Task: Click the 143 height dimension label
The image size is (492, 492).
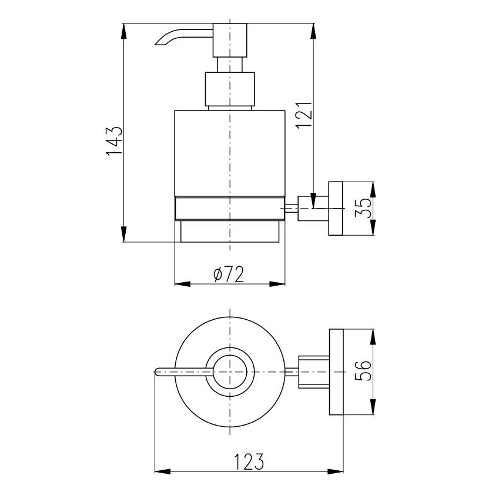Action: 113,142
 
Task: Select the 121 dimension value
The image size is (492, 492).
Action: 304,115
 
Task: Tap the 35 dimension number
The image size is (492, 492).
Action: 363,208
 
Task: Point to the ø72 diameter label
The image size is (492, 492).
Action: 229,275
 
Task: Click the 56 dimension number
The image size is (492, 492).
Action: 363,371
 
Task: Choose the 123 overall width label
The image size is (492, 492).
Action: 249,461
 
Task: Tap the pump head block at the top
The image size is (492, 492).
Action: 230,40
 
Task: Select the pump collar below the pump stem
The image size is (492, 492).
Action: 230,89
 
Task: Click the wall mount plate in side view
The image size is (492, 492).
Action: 336,208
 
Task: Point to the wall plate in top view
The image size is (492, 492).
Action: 336,372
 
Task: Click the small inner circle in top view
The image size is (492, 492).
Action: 230,372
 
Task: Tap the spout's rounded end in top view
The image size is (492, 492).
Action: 157,372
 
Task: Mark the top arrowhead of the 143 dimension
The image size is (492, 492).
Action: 124,31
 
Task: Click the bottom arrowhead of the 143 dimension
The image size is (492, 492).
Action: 124,234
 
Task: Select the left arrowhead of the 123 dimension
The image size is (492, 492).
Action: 163,471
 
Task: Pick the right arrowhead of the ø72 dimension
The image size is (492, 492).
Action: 277,284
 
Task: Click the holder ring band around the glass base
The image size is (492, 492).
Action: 230,208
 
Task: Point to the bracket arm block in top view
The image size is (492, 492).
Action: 314,372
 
